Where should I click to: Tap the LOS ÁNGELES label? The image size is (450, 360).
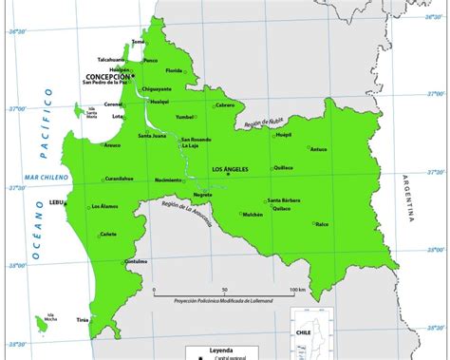coord(229,169)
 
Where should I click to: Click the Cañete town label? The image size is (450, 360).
coord(108,234)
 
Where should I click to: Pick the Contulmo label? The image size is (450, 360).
coord(136,260)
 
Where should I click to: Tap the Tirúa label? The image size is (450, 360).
coord(83,321)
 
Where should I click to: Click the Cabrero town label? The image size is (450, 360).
coord(225,104)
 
